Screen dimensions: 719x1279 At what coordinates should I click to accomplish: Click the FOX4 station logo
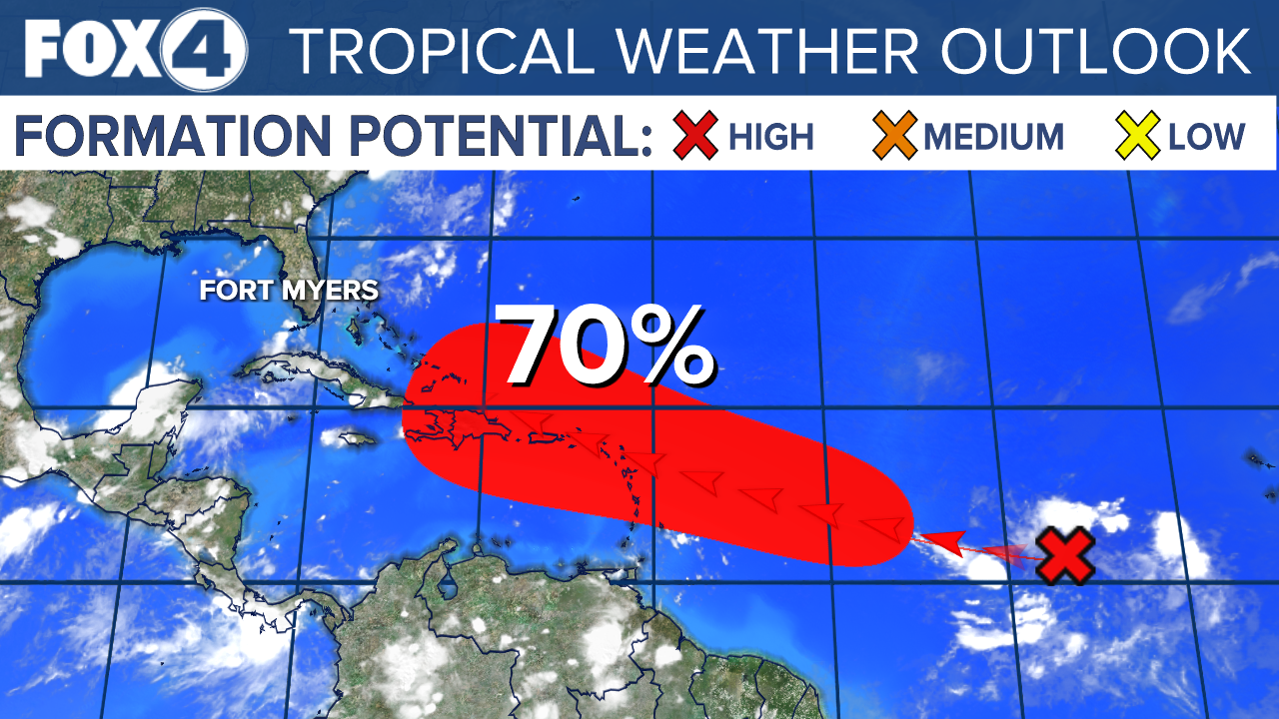[135, 48]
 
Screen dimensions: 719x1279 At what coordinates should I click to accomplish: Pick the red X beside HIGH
[696, 136]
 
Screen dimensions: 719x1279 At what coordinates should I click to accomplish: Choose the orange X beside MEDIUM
[894, 136]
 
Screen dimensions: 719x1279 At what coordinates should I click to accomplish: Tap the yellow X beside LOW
[1138, 136]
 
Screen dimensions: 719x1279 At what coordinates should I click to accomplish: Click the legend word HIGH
[771, 136]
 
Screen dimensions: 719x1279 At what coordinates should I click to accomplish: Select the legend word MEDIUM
[993, 136]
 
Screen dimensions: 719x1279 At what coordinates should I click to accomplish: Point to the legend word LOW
[1206, 136]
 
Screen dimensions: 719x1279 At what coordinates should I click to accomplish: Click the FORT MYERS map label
[289, 292]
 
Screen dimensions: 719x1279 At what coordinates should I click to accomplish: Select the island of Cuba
[300, 374]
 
